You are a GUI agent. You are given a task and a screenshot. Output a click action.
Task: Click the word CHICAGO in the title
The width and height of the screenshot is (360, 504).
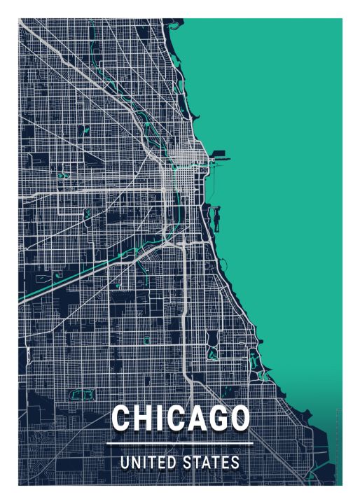180,419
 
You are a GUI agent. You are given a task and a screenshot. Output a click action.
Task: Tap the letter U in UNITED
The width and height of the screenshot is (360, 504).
124,463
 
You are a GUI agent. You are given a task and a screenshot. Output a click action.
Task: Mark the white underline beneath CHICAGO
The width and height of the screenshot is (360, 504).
180,443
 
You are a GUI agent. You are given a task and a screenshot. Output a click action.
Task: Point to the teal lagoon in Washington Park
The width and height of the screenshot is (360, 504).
212,353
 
